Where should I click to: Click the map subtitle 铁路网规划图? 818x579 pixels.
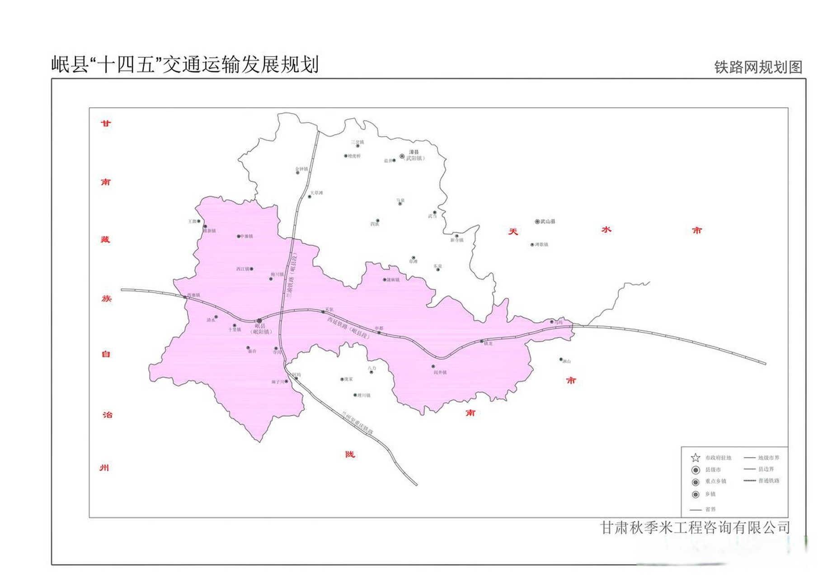[x=758, y=67]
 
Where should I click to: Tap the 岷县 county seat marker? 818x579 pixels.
[x=259, y=321]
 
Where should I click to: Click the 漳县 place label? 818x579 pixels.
[x=414, y=152]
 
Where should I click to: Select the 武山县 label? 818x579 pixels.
[x=548, y=222]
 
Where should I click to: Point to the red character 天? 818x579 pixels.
[x=513, y=232]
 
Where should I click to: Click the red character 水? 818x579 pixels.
[x=606, y=230]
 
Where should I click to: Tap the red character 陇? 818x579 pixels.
[x=350, y=454]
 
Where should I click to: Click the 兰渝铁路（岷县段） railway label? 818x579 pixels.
[x=291, y=275]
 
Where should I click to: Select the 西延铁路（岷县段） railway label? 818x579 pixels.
[x=348, y=328]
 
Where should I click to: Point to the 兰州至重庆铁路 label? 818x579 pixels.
[x=357, y=422]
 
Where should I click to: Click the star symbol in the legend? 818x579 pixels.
[x=696, y=458]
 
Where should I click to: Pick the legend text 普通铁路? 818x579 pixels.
[x=769, y=481]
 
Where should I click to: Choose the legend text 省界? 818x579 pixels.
[x=710, y=509]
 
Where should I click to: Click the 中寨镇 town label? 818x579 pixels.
[x=247, y=236]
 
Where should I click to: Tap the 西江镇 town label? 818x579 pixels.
[x=243, y=269]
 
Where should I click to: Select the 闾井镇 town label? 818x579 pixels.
[x=440, y=372]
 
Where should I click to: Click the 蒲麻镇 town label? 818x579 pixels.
[x=393, y=280]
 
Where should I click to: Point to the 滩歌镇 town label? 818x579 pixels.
[x=541, y=245]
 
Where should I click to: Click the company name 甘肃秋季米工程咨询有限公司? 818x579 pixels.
[x=695, y=527]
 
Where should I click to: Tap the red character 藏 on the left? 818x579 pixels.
[x=105, y=239]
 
